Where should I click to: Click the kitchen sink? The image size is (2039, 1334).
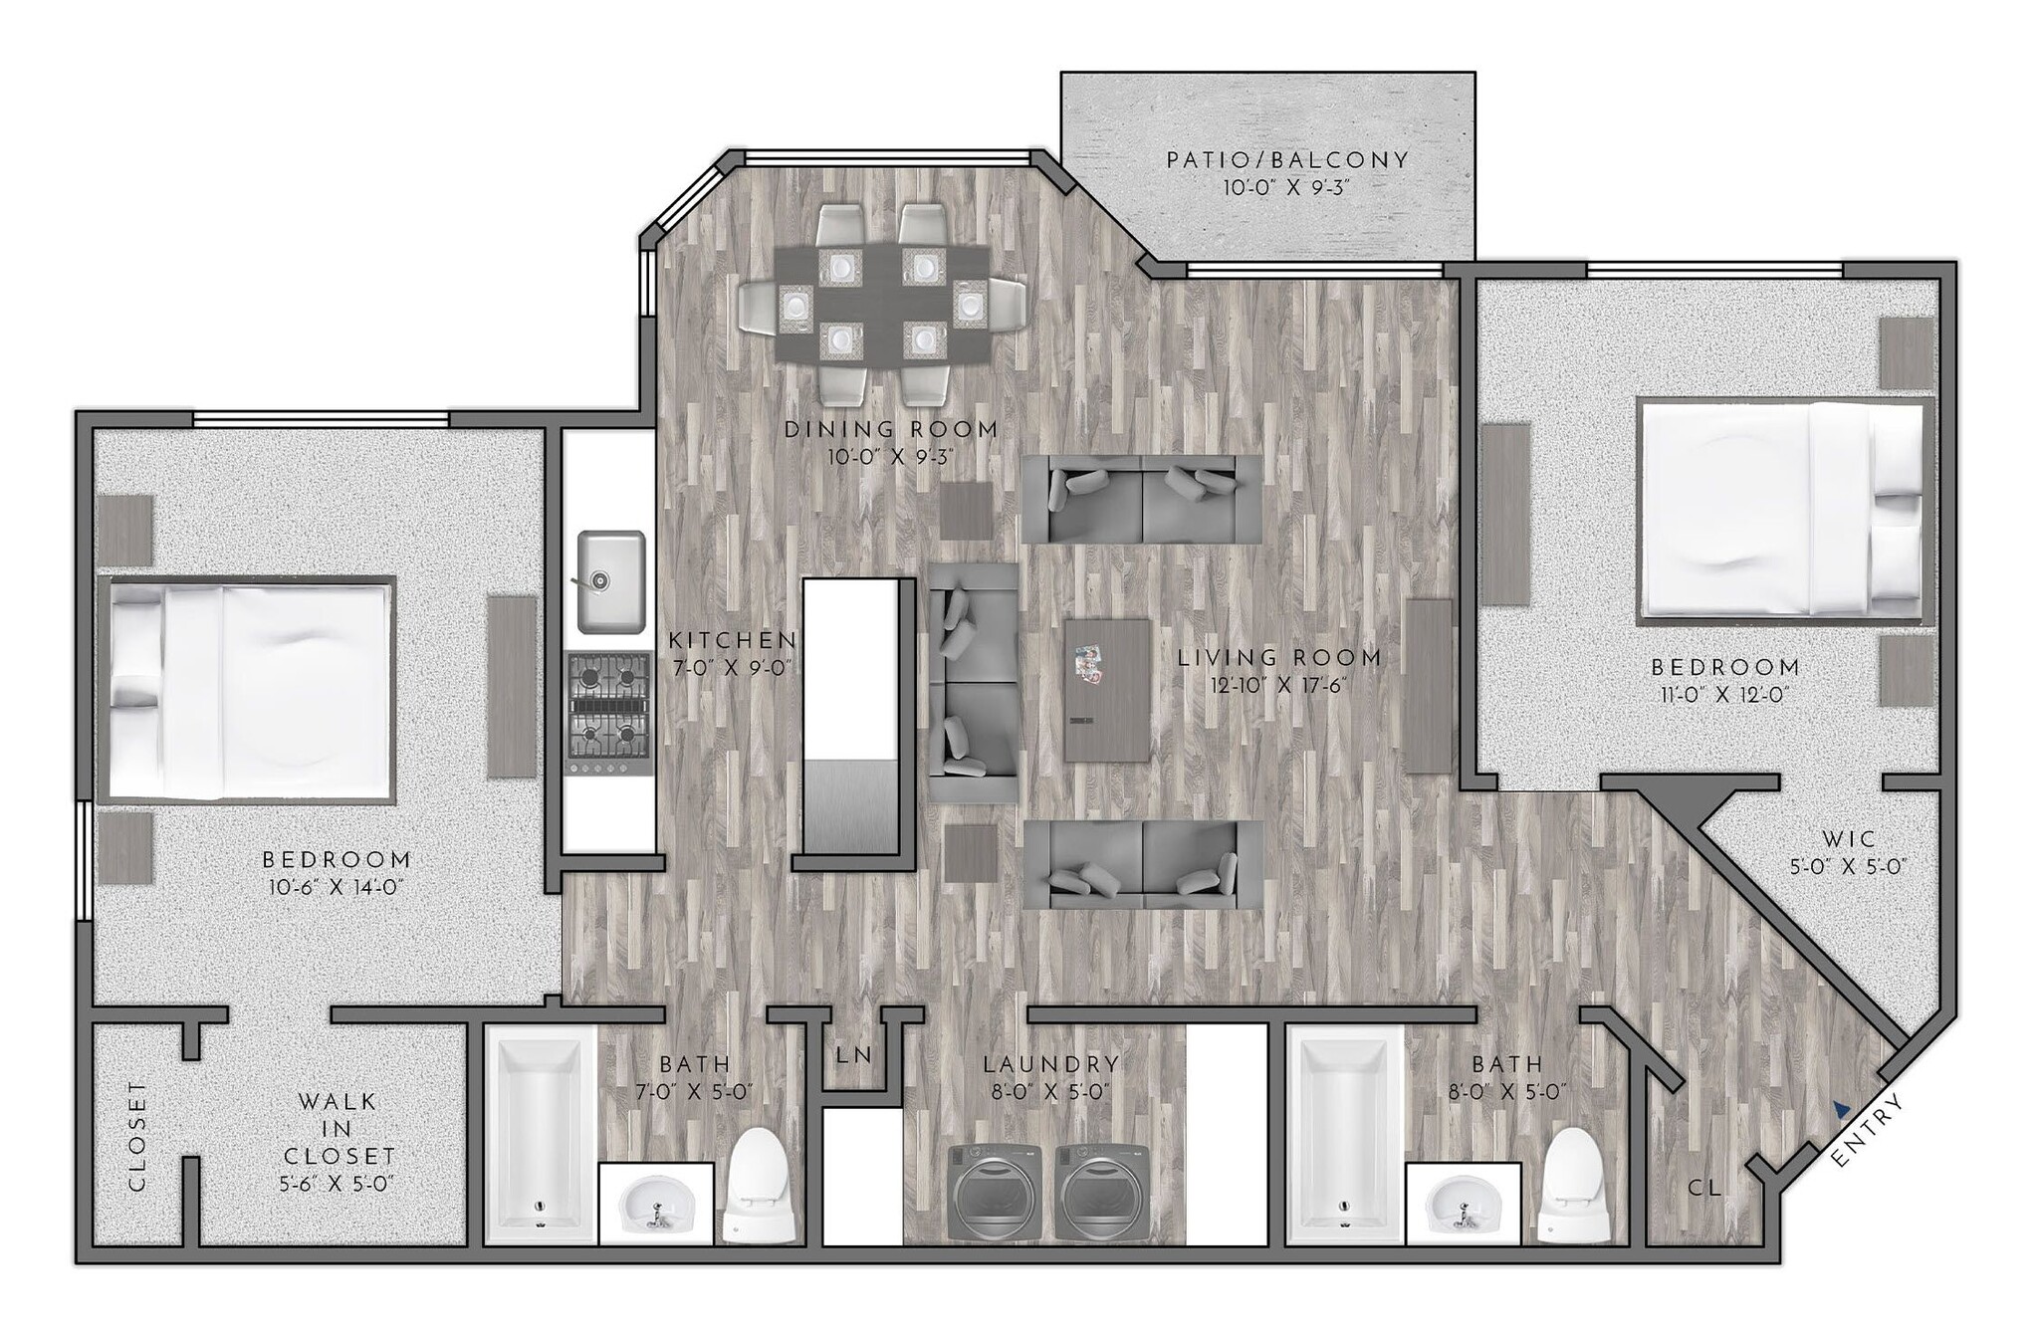[611, 582]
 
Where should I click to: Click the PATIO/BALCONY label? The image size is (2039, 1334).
[1287, 160]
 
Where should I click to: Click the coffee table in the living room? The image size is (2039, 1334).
[1107, 690]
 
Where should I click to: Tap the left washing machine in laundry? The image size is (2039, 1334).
[996, 1193]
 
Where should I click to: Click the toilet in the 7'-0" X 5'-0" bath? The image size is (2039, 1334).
[761, 1185]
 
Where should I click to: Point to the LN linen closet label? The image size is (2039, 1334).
[854, 1054]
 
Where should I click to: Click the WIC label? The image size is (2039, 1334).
[1848, 839]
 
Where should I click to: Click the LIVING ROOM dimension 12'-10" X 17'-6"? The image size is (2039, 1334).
[1278, 686]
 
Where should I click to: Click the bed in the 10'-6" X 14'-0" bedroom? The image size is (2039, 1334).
[247, 691]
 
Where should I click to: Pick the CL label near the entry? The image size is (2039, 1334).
[1703, 1188]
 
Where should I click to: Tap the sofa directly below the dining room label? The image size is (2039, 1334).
[1141, 499]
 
